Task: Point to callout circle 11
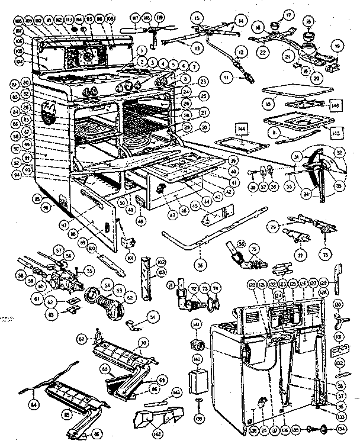click(x=226, y=76)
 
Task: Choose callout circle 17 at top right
click(x=306, y=14)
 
